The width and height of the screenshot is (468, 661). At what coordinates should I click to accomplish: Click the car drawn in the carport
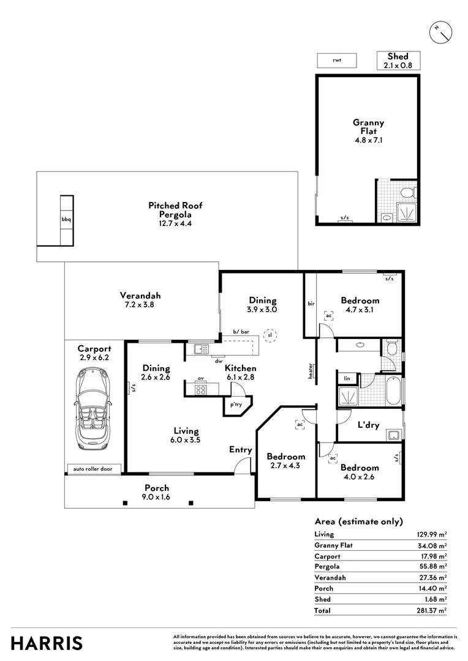click(94, 411)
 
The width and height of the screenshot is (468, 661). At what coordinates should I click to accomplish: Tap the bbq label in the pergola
click(66, 219)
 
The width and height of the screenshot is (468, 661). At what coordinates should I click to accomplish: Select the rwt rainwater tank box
click(336, 60)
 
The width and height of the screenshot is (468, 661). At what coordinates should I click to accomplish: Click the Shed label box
click(398, 60)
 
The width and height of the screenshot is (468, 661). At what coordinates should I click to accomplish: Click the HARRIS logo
click(47, 643)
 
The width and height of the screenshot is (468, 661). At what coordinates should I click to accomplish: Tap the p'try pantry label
click(235, 405)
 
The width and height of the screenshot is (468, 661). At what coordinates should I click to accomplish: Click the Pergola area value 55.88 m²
click(431, 567)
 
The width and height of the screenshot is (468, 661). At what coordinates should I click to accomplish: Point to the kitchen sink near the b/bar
click(198, 349)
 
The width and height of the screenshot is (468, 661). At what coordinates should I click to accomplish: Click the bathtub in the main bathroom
click(393, 391)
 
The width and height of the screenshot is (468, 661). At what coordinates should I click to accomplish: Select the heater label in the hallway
click(311, 371)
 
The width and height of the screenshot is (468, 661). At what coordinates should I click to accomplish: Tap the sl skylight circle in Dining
click(269, 335)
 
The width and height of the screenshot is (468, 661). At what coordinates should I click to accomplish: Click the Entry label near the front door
click(241, 450)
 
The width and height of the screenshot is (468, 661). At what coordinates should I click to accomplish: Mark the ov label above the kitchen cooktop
click(200, 379)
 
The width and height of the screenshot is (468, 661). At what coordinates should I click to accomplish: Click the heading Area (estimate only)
click(358, 521)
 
